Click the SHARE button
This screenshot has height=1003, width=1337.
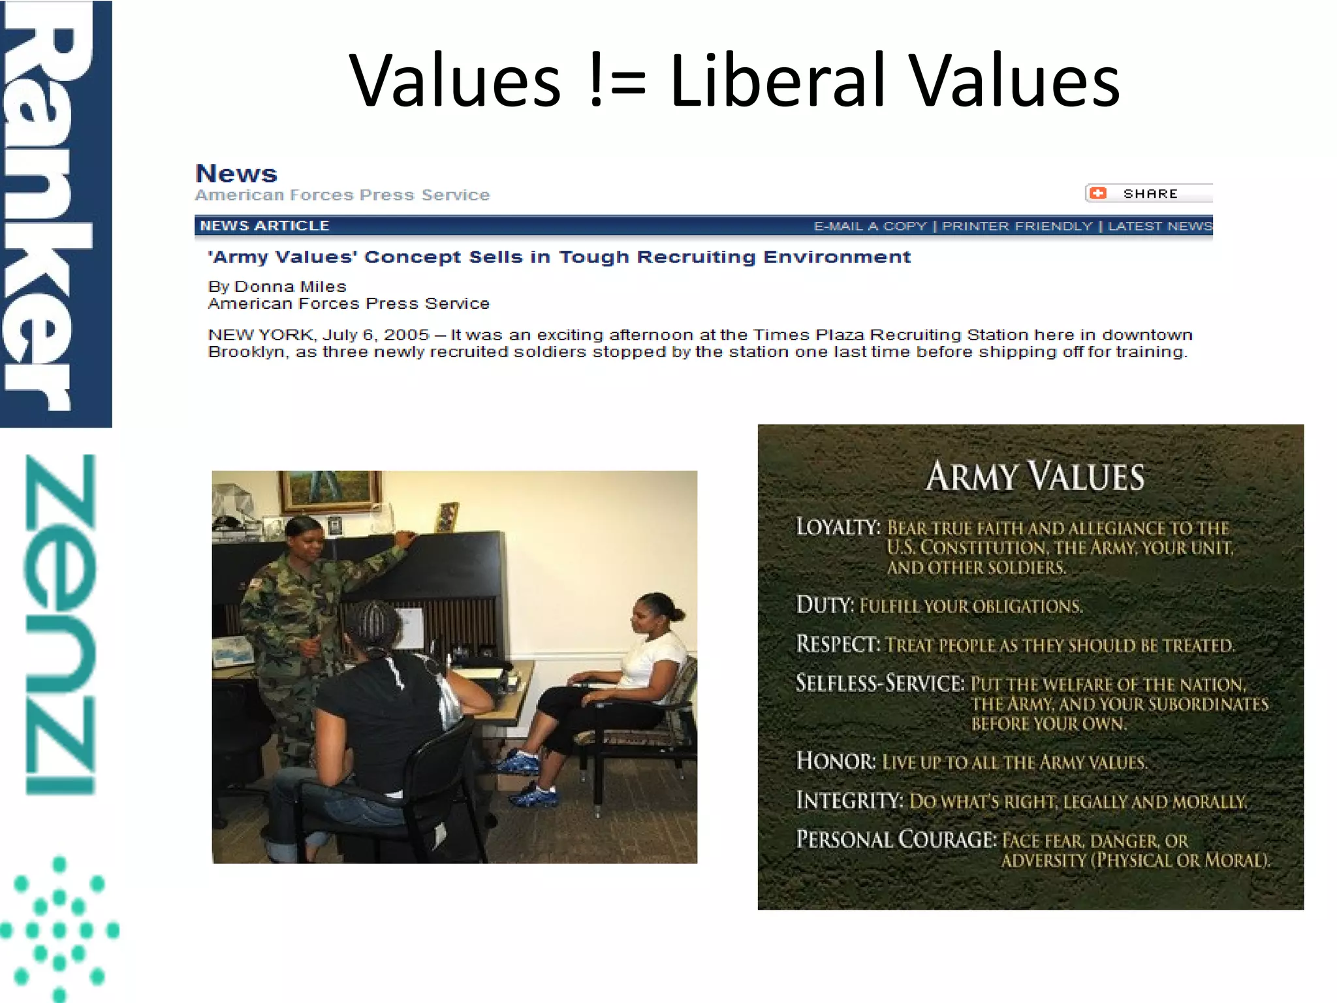1149,193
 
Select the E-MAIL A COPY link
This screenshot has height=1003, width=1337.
870,226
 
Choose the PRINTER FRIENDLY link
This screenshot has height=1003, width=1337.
1016,226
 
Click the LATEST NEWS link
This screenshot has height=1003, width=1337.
1159,226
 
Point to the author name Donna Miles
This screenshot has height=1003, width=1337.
290,287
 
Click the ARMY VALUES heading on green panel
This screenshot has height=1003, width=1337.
1035,476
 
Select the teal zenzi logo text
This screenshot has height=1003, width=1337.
60,624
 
